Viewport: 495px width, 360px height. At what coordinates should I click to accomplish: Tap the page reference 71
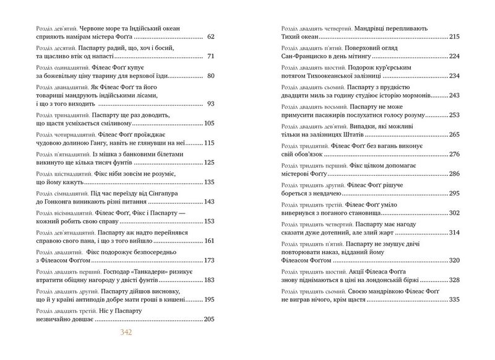coord(209,56)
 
